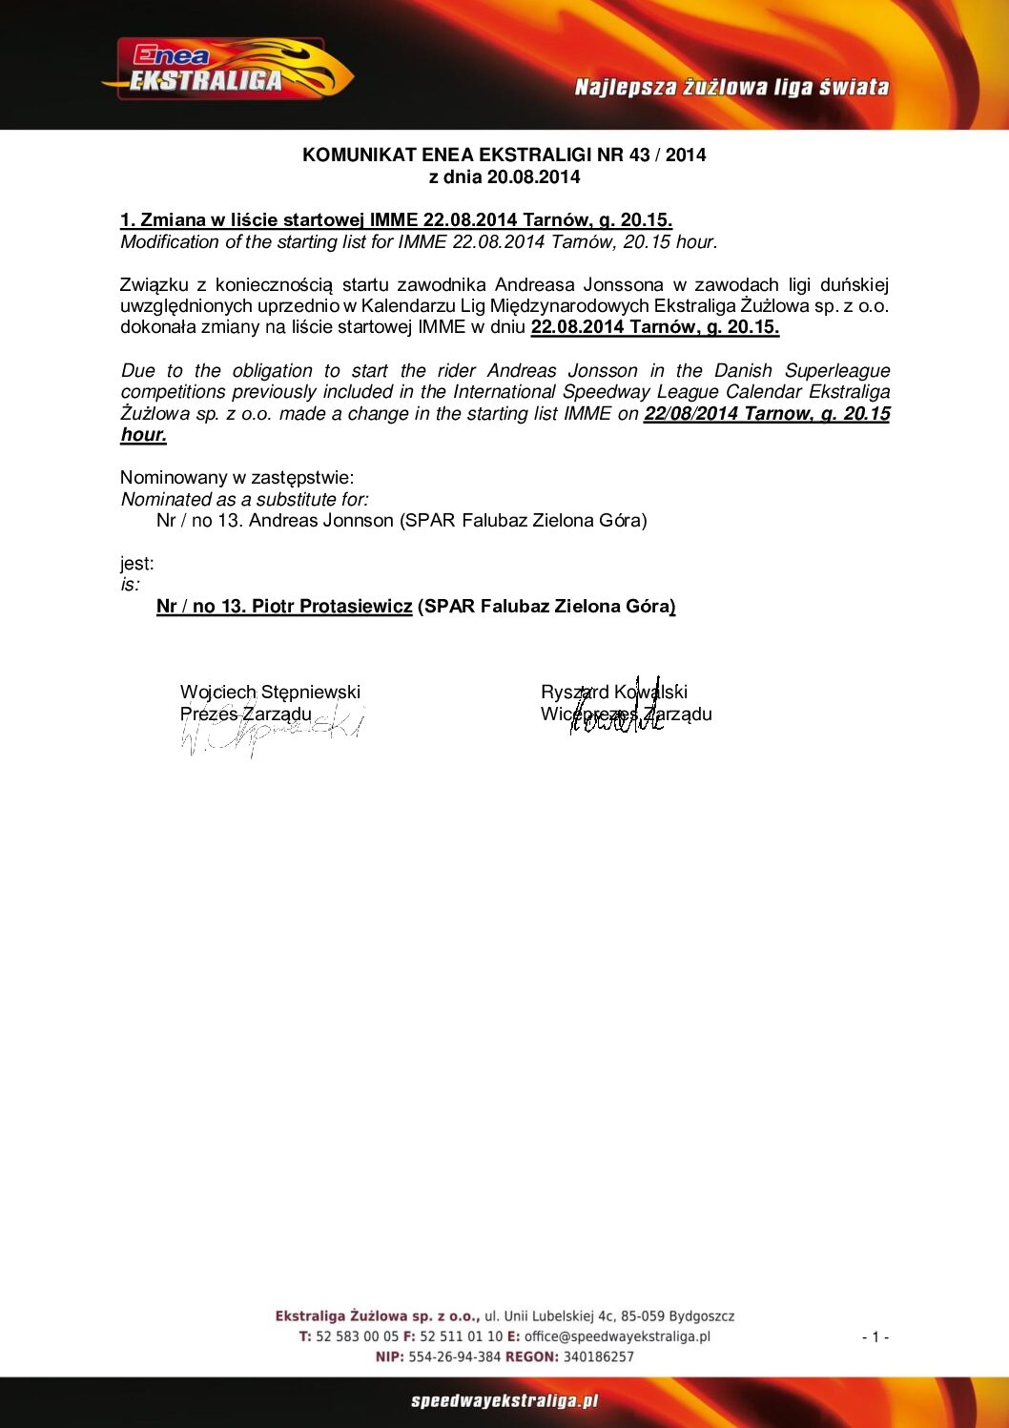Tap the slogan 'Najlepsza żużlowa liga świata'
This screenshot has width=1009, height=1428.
click(731, 88)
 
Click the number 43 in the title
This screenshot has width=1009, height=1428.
click(639, 155)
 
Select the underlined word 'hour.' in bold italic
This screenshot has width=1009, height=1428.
click(143, 435)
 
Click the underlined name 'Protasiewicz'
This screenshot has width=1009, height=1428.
click(356, 607)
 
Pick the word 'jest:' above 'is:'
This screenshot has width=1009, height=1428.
click(136, 564)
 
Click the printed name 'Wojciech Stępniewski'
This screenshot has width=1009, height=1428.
click(270, 693)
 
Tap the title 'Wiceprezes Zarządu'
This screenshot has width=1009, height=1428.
click(626, 714)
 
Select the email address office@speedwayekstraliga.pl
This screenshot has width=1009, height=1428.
click(617, 1337)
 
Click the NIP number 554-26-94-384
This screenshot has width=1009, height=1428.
click(454, 1357)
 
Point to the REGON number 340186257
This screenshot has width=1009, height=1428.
click(598, 1357)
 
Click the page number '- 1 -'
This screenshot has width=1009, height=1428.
click(875, 1337)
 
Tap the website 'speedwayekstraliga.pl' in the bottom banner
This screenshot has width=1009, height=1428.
click(504, 1401)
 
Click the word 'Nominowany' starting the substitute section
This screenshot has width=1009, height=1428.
click(174, 478)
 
